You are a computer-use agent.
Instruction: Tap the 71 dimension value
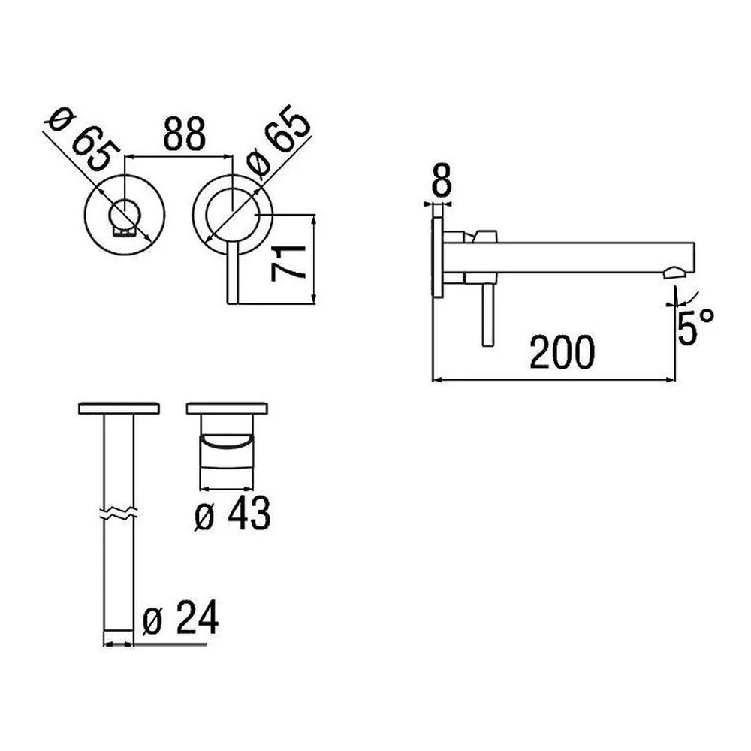click(288, 263)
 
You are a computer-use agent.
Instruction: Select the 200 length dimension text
click(562, 352)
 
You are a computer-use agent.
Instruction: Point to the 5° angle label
click(695, 327)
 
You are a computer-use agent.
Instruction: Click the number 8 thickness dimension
click(441, 180)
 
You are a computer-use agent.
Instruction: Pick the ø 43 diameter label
click(233, 514)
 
